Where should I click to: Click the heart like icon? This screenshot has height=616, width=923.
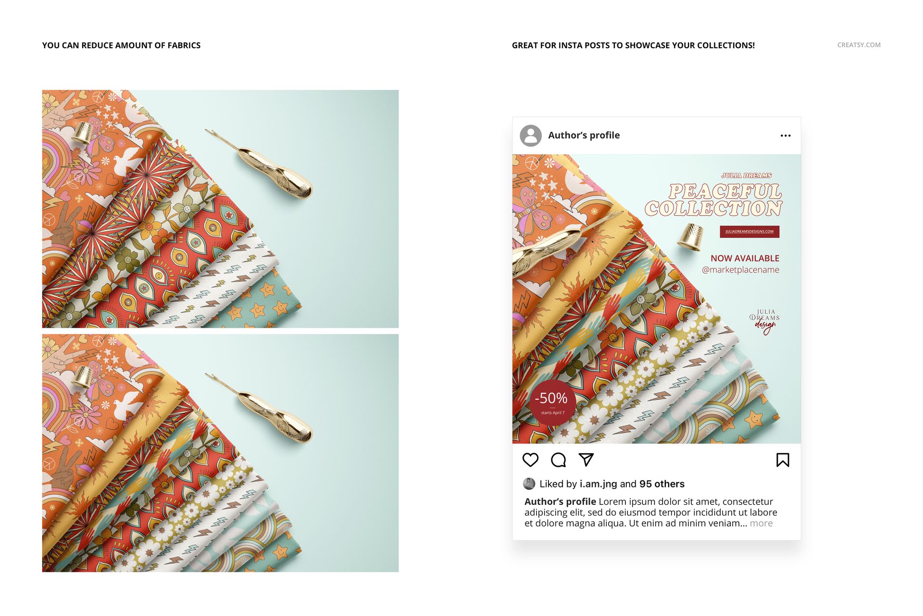[x=530, y=460]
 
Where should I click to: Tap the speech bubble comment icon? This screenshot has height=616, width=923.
[x=558, y=460]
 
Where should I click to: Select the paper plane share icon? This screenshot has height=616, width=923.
[x=586, y=460]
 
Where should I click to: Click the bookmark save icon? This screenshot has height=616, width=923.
[x=783, y=460]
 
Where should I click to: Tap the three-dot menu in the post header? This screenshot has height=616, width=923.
[x=786, y=136]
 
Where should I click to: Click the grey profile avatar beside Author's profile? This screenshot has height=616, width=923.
[x=531, y=136]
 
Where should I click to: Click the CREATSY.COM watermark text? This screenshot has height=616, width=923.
[x=859, y=45]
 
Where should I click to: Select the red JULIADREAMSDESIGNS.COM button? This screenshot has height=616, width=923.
[x=749, y=231]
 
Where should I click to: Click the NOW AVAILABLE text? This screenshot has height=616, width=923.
[x=745, y=258]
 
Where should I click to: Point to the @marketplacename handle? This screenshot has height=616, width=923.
[x=740, y=270]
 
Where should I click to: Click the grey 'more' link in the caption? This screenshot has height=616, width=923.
[x=761, y=524]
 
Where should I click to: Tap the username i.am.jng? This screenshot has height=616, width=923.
[x=598, y=484]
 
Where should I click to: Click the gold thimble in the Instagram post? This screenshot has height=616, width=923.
[x=691, y=238]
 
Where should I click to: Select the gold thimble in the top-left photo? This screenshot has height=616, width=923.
[x=82, y=133]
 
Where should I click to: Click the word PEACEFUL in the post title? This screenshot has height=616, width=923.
[x=725, y=192]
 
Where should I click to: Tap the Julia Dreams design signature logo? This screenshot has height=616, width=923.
[x=764, y=321]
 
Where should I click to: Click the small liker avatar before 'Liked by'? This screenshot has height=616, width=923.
[x=529, y=484]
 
